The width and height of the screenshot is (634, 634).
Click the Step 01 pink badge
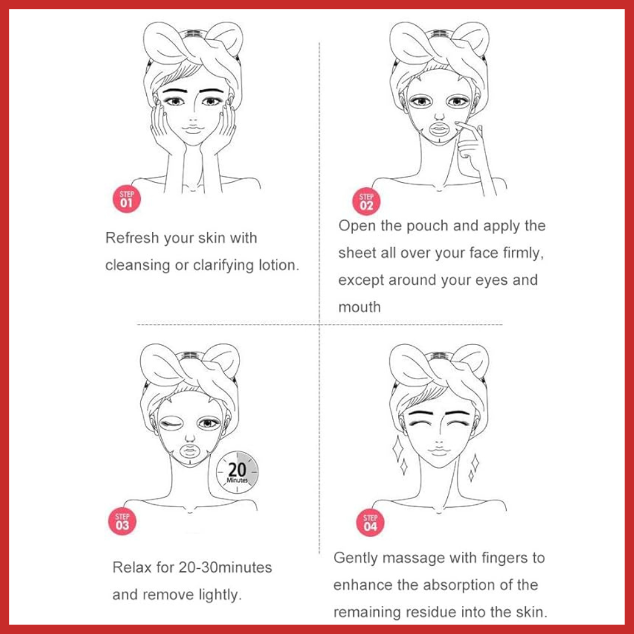click(x=127, y=199)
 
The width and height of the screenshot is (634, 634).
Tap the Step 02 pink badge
click(x=366, y=201)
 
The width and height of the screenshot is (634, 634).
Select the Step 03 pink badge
click(x=122, y=521)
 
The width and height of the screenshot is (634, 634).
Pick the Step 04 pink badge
click(x=370, y=523)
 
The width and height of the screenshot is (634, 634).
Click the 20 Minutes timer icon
click(x=237, y=472)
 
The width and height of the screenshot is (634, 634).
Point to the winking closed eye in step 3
click(x=171, y=424)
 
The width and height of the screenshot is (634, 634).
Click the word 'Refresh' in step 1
click(x=132, y=238)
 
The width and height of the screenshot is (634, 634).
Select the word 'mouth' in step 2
click(x=359, y=307)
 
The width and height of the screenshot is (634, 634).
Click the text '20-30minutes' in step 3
click(x=225, y=567)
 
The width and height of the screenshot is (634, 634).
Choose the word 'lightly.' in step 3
click(x=220, y=595)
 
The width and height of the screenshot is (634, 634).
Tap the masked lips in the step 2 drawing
click(x=439, y=129)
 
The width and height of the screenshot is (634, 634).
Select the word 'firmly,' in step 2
click(x=523, y=254)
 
